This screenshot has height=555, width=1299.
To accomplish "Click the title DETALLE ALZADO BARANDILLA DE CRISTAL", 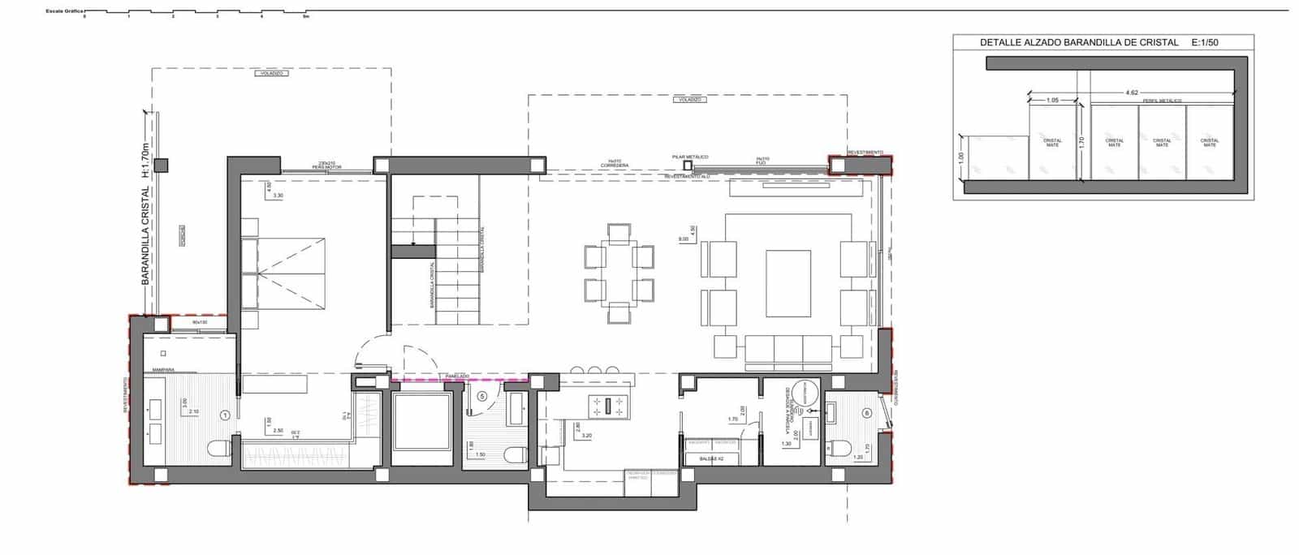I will [1079, 42].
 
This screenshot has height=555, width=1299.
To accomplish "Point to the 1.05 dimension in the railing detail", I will [1052, 100].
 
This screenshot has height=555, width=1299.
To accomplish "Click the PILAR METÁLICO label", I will [690, 157].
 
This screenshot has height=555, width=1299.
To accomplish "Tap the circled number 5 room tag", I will [483, 397].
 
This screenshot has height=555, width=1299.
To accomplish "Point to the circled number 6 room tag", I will [867, 412].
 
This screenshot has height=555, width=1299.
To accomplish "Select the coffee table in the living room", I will [788, 283].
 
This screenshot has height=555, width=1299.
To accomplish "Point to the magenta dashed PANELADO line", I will [460, 379].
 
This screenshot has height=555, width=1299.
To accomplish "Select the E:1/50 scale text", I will [1205, 42].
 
